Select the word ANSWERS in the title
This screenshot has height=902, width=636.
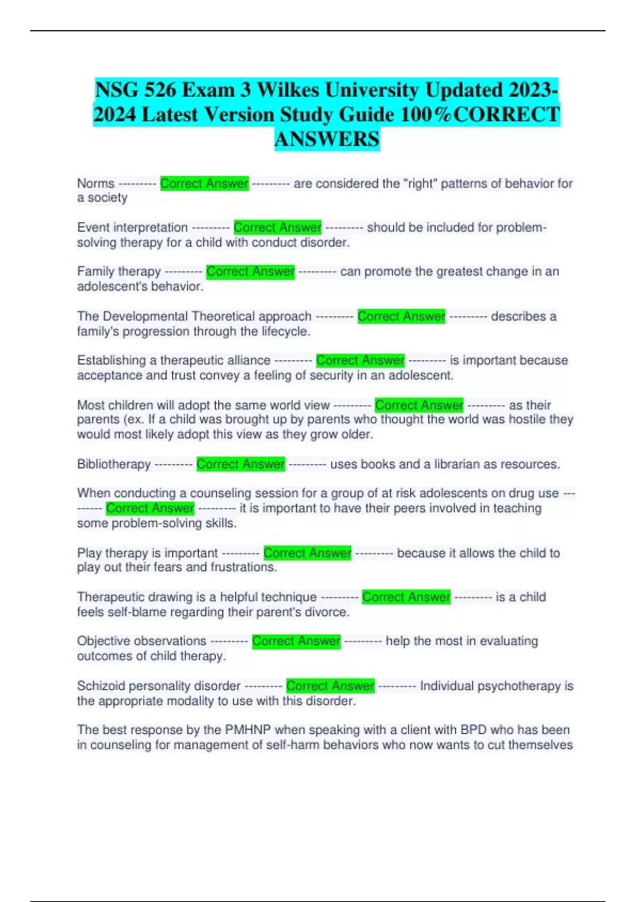[x=327, y=139]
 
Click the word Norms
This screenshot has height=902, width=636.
[x=96, y=184]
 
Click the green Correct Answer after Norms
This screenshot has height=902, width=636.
[x=204, y=184]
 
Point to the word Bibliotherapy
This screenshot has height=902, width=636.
[x=114, y=464]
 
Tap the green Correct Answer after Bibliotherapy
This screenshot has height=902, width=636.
[x=241, y=464]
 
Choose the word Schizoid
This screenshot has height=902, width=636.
[x=101, y=686]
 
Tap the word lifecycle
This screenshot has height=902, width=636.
[x=284, y=332]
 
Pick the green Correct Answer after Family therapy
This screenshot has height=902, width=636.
[x=250, y=272]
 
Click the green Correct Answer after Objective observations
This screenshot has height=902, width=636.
[x=296, y=641]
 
